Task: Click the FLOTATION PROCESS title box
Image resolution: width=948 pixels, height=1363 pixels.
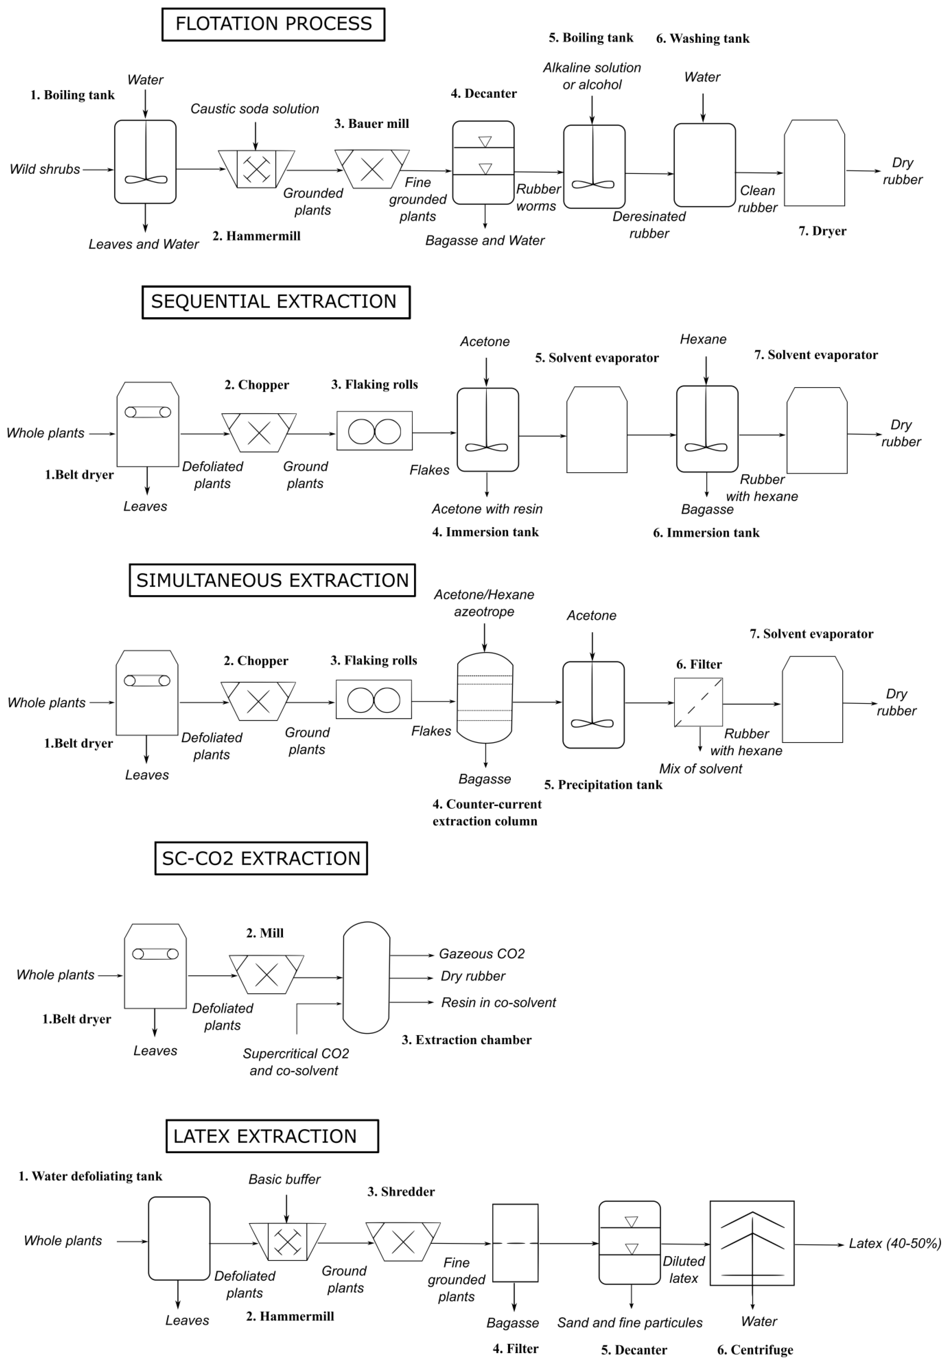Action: (x=273, y=24)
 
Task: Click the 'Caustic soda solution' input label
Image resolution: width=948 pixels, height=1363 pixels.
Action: (x=255, y=109)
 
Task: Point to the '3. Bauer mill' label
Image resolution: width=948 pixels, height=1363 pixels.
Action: (x=372, y=124)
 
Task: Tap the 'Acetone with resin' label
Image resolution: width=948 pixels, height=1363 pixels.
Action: (x=487, y=509)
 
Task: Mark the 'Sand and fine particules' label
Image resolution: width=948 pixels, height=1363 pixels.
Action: (x=629, y=1323)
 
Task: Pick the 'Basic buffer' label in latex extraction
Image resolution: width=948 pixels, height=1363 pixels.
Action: (x=284, y=1179)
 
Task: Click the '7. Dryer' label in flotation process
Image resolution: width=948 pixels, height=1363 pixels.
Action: (x=822, y=231)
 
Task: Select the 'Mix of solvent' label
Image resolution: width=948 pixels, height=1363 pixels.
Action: (x=700, y=769)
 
